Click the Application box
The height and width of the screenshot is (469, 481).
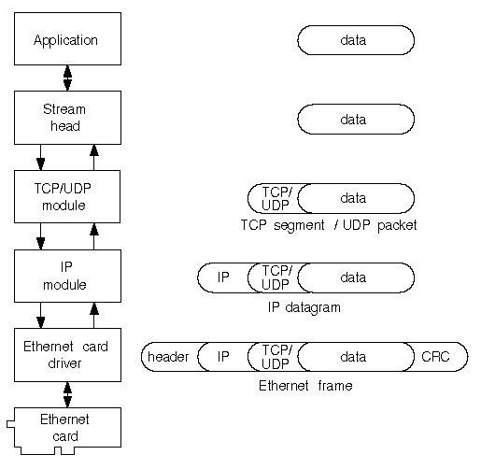[67, 38]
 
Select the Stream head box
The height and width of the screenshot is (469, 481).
[67, 118]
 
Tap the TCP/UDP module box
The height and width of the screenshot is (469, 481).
[67, 196]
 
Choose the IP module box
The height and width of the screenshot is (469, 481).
[67, 276]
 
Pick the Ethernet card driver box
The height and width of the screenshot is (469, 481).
[67, 355]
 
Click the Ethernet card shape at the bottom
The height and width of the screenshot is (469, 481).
[64, 431]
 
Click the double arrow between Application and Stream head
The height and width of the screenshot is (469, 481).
[67, 78]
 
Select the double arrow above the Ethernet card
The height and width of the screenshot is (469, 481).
[67, 394]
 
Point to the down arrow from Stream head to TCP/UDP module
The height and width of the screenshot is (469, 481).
[40, 157]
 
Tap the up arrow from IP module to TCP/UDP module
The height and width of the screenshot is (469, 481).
[94, 236]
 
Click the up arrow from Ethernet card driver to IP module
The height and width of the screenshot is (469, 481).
[94, 315]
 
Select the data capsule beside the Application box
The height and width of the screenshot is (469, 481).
[356, 40]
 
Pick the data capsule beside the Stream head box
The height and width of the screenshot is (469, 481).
[356, 120]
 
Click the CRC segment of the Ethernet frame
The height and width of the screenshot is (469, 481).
[439, 357]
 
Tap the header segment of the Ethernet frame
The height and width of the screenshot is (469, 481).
[170, 357]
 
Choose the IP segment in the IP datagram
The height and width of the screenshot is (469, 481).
[223, 277]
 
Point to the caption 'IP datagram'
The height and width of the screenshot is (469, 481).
[304, 307]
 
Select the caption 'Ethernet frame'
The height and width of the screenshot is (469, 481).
[305, 386]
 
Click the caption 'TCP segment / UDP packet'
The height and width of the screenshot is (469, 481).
[329, 225]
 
